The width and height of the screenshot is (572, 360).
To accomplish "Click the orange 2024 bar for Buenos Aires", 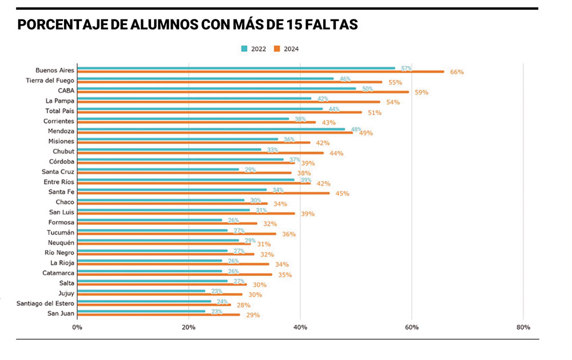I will (260, 72).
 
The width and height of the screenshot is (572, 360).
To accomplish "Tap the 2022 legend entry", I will (253, 49).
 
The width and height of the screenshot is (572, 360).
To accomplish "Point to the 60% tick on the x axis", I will (411, 327).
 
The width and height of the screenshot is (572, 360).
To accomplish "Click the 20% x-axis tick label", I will (188, 327).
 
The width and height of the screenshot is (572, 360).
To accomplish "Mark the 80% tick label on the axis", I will (523, 327).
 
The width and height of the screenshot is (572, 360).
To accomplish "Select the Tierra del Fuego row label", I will (50, 80).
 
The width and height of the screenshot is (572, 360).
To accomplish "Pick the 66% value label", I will (456, 72).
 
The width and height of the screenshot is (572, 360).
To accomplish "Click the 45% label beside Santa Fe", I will (342, 193).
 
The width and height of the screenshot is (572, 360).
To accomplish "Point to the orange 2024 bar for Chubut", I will (200, 153).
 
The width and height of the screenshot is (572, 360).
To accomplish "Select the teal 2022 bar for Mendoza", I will (211, 129).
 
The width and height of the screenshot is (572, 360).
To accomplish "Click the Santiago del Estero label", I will (45, 303).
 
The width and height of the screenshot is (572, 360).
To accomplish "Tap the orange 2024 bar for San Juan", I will (158, 315).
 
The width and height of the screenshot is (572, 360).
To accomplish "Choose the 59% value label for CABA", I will (422, 92).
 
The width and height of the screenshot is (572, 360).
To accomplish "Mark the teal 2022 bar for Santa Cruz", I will (158, 169).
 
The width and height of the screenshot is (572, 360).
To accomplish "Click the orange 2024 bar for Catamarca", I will (174, 275).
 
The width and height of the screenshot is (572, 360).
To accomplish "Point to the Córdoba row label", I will (61, 161).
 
